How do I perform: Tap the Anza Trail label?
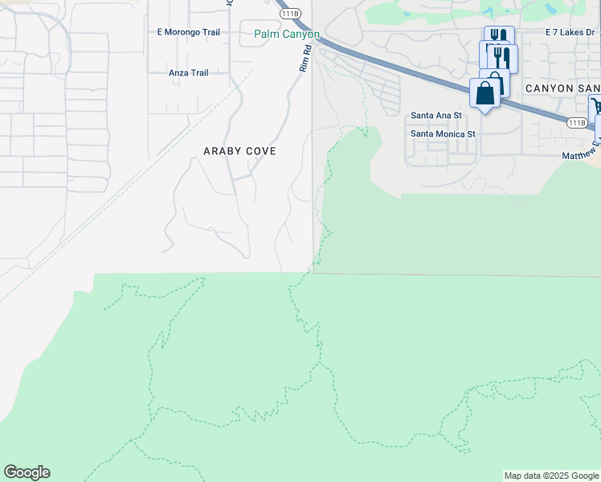[189, 73]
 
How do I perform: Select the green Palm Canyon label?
[287, 35]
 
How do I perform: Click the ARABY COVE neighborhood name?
[239, 151]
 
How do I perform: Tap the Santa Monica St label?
[444, 134]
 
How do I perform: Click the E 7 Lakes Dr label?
[572, 32]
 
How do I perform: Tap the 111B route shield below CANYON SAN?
[576, 122]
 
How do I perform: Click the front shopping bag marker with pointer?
[485, 92]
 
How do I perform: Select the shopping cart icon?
[597, 107]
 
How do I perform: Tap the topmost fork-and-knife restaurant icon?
[498, 37]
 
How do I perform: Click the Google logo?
[27, 472]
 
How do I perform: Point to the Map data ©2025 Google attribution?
[551, 476]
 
